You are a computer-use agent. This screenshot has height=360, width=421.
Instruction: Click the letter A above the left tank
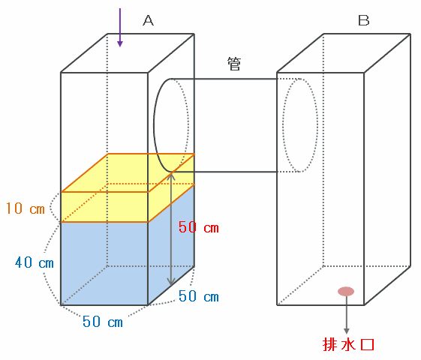click(148, 20)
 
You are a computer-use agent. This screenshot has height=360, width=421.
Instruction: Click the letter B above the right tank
click(364, 20)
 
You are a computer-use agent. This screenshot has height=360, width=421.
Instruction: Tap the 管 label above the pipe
click(234, 64)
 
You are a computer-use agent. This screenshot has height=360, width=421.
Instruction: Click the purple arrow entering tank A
click(120, 27)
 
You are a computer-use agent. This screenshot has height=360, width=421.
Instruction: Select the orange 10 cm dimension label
click(26, 208)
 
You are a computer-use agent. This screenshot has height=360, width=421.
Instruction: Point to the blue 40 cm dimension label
click(35, 262)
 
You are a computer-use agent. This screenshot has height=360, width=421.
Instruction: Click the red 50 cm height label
click(199, 227)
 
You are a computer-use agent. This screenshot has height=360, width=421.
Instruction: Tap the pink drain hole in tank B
click(346, 291)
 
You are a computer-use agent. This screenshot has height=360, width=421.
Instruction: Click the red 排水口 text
click(348, 344)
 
